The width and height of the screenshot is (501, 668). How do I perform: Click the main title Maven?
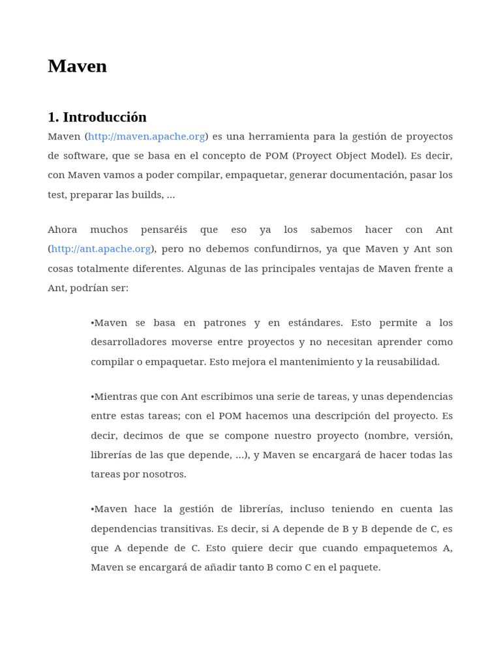tap(77, 67)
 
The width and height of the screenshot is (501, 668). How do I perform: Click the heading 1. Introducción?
tap(97, 117)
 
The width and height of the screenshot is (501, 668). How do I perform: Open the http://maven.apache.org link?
tap(147, 136)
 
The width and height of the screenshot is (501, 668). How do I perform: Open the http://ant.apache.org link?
tap(101, 249)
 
